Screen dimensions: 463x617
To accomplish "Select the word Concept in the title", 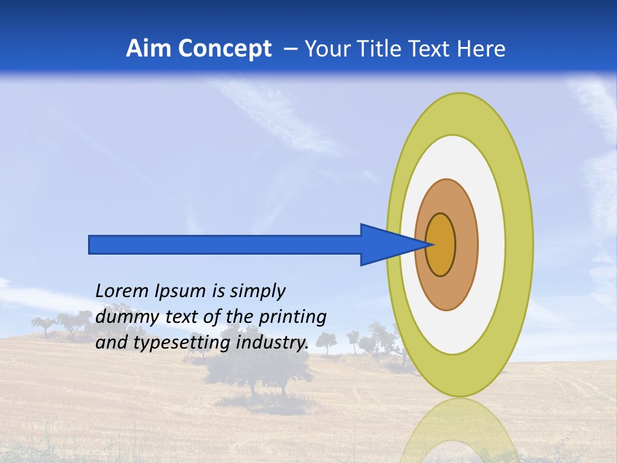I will [x=225, y=49].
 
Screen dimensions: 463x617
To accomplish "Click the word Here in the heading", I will [x=481, y=49].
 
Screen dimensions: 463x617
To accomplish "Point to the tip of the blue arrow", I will [x=433, y=244].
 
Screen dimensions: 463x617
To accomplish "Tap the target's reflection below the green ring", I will [x=460, y=431].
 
